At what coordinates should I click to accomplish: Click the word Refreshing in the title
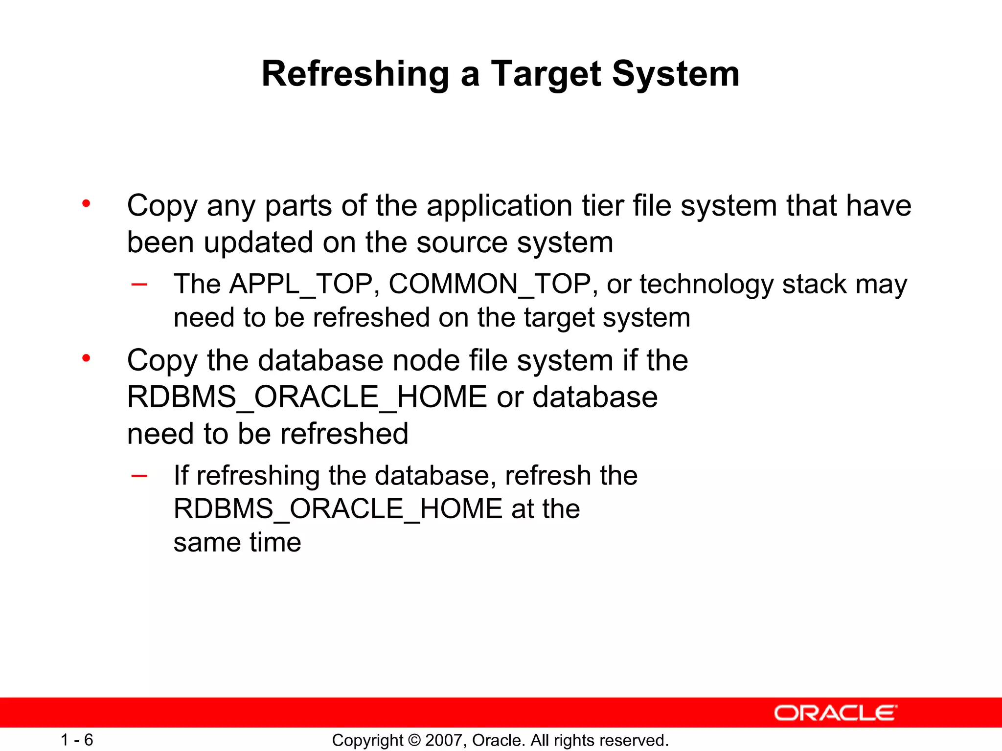coord(355,74)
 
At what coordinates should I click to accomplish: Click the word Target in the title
coord(546,74)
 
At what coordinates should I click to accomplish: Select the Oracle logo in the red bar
coord(835,713)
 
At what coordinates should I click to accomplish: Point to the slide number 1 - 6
coord(77,740)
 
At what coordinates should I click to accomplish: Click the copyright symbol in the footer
coord(414,740)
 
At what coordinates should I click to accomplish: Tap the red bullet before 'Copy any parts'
coord(87,203)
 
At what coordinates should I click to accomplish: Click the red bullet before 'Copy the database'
coord(87,358)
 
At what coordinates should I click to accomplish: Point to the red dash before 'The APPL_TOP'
coord(139,285)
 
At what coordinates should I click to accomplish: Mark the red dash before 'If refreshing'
coord(139,476)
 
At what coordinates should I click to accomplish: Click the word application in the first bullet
coord(499,205)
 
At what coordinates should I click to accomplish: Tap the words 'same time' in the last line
coord(237,542)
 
